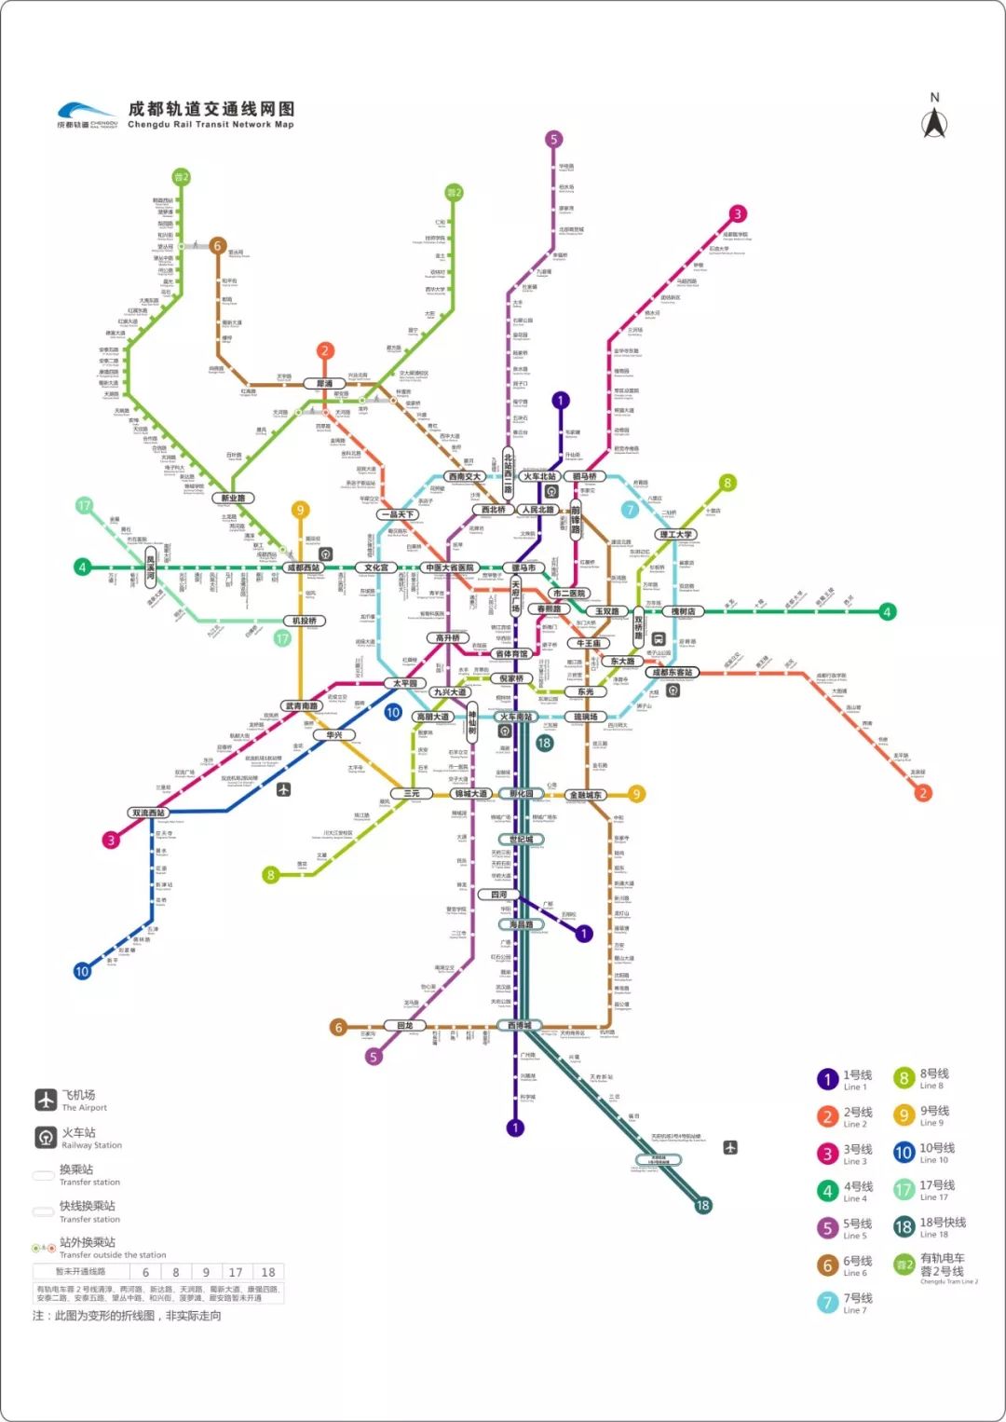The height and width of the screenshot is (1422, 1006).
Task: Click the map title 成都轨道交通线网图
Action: point(211,109)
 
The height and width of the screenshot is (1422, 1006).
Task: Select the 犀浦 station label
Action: point(324,383)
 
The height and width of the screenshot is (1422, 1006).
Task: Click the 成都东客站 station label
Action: point(672,672)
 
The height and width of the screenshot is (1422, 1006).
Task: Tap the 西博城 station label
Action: point(519,1025)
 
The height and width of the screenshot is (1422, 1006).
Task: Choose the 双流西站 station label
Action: point(148,813)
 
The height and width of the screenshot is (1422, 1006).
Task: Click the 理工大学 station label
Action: point(675,534)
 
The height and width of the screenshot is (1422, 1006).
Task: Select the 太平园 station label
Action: point(404,683)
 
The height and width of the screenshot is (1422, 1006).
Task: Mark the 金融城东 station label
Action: point(586,795)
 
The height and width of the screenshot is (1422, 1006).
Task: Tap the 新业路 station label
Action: point(233,498)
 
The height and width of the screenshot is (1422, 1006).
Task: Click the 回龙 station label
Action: point(404,1025)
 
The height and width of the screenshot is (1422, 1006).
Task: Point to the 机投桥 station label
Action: point(305,621)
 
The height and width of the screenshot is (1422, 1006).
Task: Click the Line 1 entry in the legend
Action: point(845,1079)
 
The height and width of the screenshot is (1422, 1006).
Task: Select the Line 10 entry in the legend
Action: point(923,1153)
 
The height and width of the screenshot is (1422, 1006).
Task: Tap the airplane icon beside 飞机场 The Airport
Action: point(47,1100)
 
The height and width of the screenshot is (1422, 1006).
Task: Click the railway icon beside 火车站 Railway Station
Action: point(47,1137)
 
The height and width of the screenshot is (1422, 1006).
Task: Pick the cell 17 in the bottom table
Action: point(236,1272)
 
